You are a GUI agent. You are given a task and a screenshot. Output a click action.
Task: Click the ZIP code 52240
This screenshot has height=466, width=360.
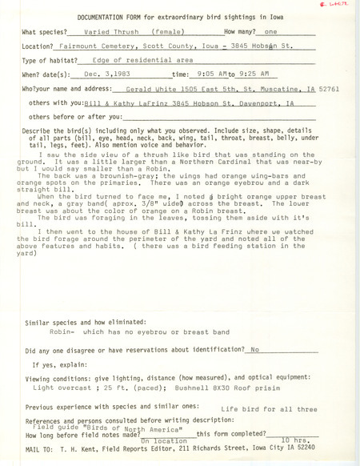click(x=300, y=448)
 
